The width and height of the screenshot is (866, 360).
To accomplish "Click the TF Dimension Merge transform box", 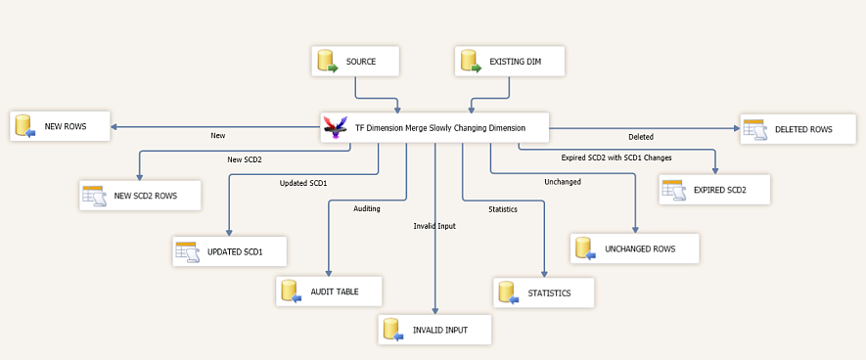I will pos(434,127).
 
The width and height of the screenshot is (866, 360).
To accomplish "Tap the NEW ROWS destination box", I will pos(60,127).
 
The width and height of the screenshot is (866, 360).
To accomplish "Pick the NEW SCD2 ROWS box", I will pos(141,195).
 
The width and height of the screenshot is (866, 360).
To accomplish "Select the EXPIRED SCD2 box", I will pos(714,190).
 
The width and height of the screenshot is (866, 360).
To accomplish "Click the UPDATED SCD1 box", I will pos(231,251).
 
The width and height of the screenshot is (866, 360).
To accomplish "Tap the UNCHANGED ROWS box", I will pos(636,248).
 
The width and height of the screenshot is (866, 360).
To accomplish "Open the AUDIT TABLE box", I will pos(328,291).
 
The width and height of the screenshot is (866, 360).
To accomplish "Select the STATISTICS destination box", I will pos(544,292).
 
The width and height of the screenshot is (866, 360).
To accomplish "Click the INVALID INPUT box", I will pos(434,330).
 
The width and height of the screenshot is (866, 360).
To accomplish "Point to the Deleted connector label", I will pos(640,137).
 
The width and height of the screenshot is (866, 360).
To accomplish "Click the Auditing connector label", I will pos(367,208).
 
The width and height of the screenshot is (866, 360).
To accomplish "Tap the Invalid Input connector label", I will pos(434,226).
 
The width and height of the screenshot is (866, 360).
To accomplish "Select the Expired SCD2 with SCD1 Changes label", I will pos(615,157).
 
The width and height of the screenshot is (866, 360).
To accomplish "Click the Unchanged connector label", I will pos(562,181).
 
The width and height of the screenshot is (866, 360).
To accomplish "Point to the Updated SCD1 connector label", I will pos(303,183).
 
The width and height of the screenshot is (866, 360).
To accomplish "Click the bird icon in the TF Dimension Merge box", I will pos(336,127).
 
